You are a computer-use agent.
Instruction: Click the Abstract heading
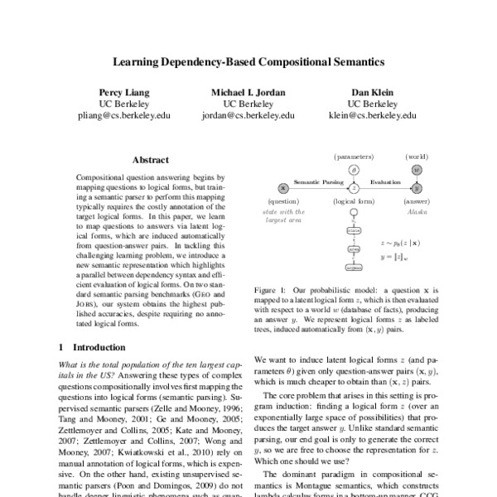click(150, 160)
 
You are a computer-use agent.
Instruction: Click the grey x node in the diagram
click(283, 188)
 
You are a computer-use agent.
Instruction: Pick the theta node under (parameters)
click(354, 170)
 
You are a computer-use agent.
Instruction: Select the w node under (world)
click(417, 170)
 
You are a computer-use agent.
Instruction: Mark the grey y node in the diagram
click(417, 188)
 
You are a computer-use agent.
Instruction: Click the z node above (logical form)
click(354, 188)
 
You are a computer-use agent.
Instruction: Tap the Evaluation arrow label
click(385, 181)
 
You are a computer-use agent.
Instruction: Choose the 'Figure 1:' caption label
click(269, 288)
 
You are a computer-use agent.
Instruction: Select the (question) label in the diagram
click(283, 201)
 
